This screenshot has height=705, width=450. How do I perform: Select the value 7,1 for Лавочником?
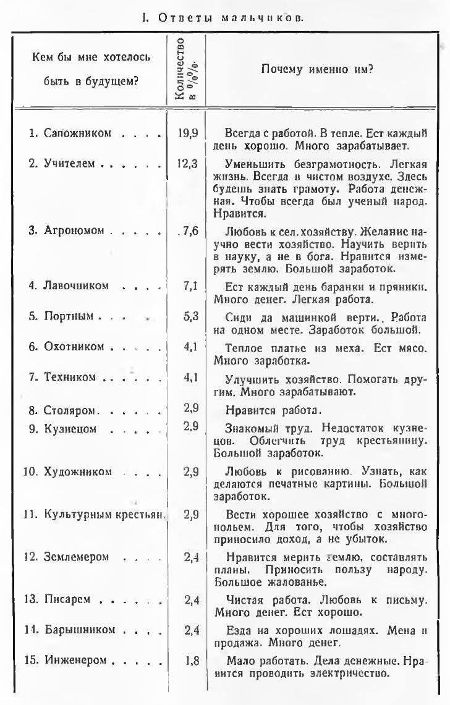click(x=190, y=285)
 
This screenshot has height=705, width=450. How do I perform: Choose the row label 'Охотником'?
click(x=74, y=347)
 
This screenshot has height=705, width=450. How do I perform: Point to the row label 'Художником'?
click(x=77, y=471)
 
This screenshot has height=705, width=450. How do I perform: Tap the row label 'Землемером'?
click(x=76, y=557)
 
